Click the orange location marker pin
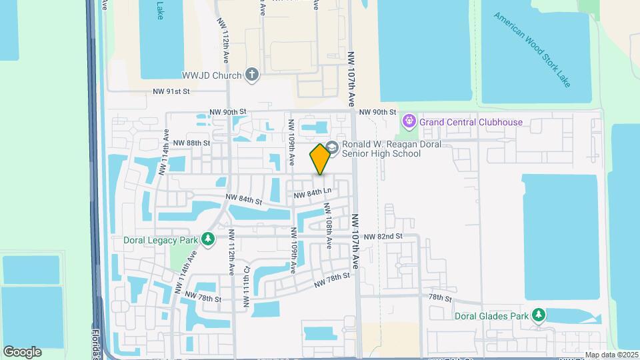(320, 159)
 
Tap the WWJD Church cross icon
(251, 75)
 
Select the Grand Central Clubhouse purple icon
(409, 122)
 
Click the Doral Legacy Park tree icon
(209, 239)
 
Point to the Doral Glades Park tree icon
(539, 315)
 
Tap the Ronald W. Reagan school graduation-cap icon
(332, 147)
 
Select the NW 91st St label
(171, 91)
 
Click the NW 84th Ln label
(313, 193)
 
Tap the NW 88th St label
(191, 143)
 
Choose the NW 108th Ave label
(327, 226)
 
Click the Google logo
(22, 352)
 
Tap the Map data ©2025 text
(611, 355)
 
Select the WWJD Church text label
(211, 75)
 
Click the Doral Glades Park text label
(493, 315)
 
